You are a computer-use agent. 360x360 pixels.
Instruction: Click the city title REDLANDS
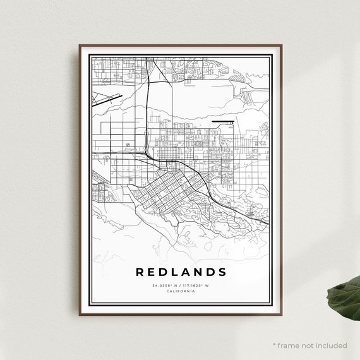(x=181, y=272)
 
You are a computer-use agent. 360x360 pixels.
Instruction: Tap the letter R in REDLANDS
(x=140, y=272)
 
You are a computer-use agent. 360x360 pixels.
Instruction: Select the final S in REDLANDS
(x=222, y=272)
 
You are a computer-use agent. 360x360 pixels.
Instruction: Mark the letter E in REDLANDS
(x=152, y=272)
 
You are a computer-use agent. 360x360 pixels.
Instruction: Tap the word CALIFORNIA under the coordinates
(x=181, y=291)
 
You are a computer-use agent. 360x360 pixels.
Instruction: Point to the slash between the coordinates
(x=180, y=285)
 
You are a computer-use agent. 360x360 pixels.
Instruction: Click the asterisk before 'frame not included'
(x=275, y=345)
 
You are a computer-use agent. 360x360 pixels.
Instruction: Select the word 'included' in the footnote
(x=332, y=345)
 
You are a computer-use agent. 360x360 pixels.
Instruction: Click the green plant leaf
(x=345, y=297)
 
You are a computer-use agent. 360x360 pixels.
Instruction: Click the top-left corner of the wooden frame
(x=80, y=45)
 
